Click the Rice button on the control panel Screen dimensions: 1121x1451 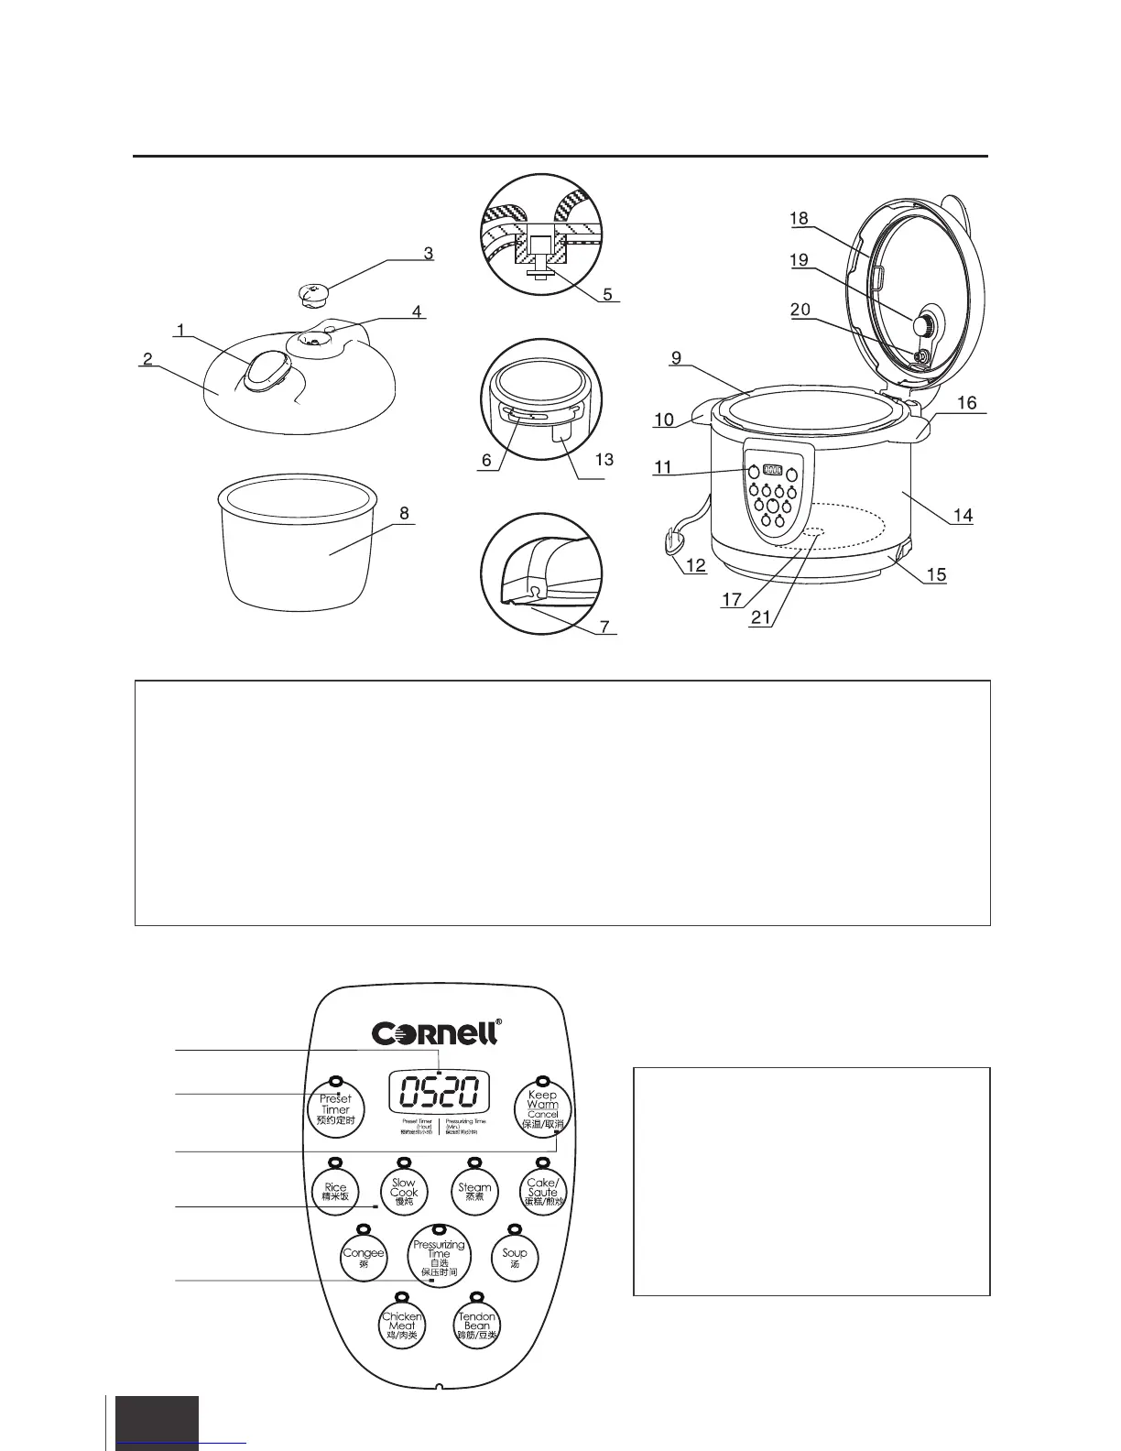point(335,1192)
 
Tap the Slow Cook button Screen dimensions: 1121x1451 point(404,1192)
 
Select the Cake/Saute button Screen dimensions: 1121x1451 point(542,1192)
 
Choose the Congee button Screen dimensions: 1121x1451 point(364,1257)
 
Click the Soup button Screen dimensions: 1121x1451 point(514,1256)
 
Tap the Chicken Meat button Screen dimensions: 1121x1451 point(402,1325)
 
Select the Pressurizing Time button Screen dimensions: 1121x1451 point(439,1257)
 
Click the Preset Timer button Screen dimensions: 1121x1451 point(335,1108)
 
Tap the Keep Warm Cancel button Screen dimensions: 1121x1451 point(542,1108)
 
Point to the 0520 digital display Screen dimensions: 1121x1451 point(439,1092)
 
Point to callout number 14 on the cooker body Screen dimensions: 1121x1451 point(963,516)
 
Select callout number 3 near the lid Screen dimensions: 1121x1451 point(428,253)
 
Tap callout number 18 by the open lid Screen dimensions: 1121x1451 point(799,218)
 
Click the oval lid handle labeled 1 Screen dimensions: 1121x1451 point(265,373)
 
